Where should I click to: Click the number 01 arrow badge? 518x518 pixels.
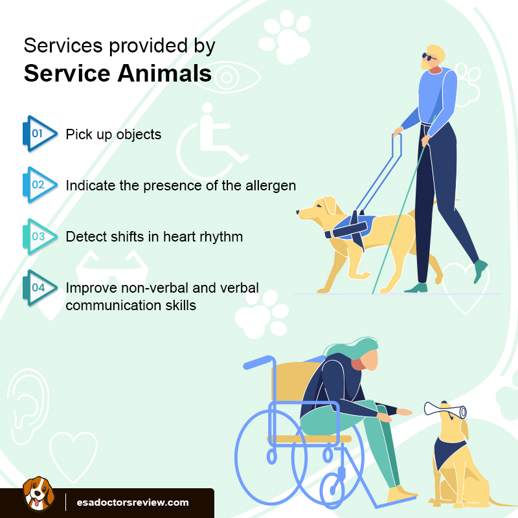click(38, 134)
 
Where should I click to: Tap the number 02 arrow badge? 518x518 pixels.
click(38, 185)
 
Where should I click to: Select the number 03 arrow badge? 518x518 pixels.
click(38, 236)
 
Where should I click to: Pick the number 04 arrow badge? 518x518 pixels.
click(38, 287)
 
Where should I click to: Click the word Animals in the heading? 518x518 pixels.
click(164, 74)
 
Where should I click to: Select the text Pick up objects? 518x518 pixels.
click(113, 135)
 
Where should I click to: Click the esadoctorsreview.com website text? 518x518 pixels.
click(133, 502)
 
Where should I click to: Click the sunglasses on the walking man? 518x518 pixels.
click(427, 58)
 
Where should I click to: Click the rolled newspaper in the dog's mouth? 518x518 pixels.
click(447, 410)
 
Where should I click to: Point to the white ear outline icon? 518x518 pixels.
click(27, 396)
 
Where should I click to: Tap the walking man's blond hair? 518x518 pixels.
click(434, 52)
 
